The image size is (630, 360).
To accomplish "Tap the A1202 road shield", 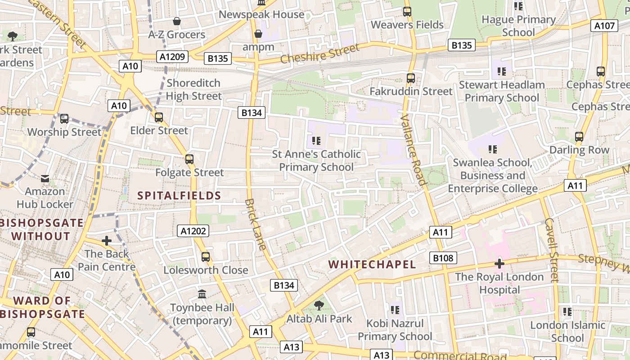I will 193,231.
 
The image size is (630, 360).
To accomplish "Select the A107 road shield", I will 604,26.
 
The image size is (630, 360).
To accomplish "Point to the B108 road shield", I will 443,258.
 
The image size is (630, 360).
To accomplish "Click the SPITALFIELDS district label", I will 179,195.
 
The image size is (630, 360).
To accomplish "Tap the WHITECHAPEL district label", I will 372,264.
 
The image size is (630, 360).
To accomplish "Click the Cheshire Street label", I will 320,54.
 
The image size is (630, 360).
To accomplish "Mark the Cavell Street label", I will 551,250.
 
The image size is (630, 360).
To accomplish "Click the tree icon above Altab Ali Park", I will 319,306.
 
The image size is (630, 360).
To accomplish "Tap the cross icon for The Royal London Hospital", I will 499,263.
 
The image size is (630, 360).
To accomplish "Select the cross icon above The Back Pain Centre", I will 107,241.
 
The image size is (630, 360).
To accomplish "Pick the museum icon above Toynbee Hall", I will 202,294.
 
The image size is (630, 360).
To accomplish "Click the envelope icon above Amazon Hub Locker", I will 45,179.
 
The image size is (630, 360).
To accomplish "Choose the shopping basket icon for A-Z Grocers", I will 177,21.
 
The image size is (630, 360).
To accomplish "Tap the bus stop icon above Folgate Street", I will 189,159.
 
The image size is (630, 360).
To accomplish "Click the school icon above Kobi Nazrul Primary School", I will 395,310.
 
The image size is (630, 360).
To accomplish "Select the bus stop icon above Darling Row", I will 579,136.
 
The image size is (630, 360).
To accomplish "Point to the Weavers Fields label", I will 407,25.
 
